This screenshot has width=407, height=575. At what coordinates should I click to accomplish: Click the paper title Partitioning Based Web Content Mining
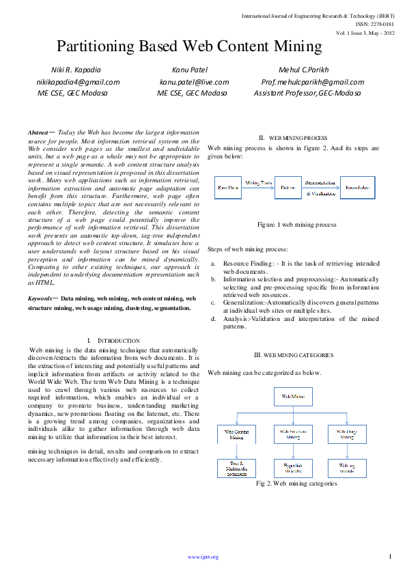[x=188, y=46]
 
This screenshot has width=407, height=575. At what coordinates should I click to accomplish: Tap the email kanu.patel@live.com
[x=194, y=82]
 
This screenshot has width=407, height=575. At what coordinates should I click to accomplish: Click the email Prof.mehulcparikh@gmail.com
[x=313, y=82]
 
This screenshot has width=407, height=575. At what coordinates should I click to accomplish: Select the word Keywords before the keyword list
[x=42, y=299]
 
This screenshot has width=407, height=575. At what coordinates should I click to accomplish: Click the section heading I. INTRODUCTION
[x=113, y=340]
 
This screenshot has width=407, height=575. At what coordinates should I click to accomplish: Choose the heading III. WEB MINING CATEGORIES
[x=293, y=355]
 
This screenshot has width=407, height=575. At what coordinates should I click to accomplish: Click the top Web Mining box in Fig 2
[x=294, y=396]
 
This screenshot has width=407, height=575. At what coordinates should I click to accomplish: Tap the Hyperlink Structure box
[x=294, y=468]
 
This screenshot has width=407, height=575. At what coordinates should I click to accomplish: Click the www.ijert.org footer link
[x=203, y=557]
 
